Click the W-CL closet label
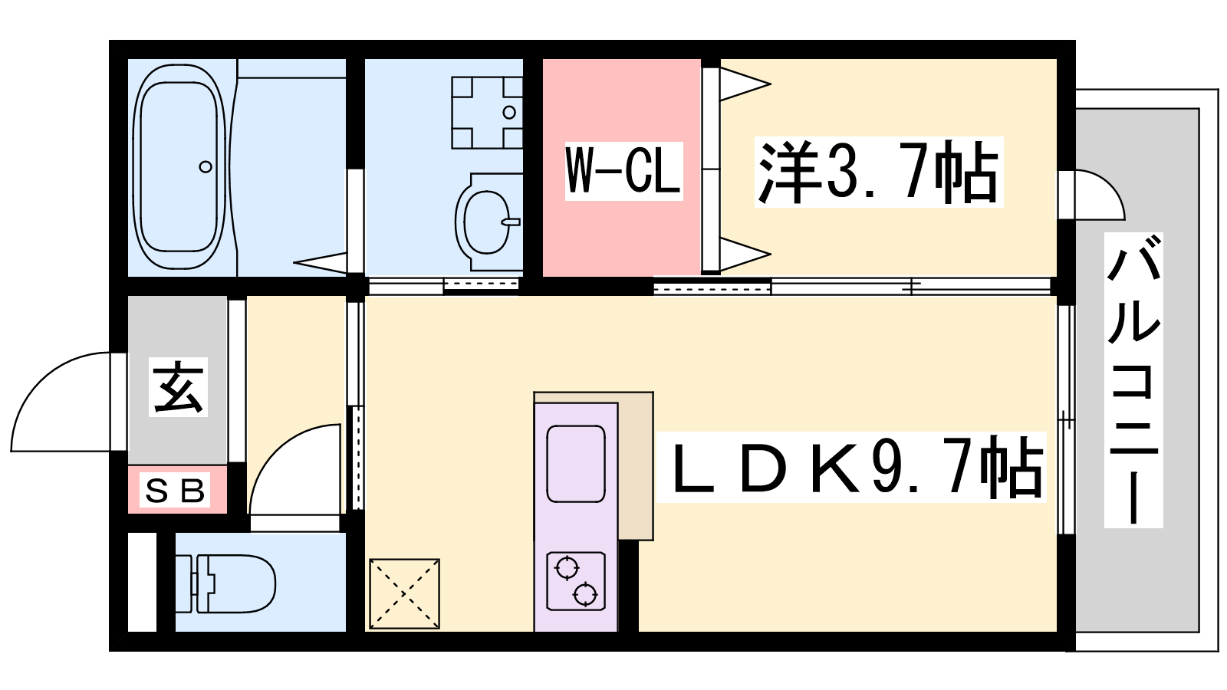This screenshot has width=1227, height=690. [x=624, y=171]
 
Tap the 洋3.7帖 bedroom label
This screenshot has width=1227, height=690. [x=879, y=172]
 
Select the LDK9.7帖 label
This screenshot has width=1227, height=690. [x=851, y=467]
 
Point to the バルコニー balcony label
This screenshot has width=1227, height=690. [x=1133, y=380]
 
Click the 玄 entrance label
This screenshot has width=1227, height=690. [x=178, y=387]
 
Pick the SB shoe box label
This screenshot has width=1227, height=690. [x=175, y=490]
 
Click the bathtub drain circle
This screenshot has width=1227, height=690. [x=206, y=166]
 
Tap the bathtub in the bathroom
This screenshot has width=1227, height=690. [x=179, y=166]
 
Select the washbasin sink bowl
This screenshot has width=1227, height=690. [x=486, y=222]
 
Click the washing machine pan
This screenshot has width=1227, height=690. [x=486, y=113]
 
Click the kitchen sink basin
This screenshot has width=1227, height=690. [x=576, y=463]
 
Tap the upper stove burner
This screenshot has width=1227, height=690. [x=567, y=568]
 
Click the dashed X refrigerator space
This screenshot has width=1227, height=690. [x=404, y=593]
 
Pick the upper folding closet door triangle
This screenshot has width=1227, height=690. [x=745, y=84]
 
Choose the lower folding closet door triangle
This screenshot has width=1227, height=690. [x=745, y=254]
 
